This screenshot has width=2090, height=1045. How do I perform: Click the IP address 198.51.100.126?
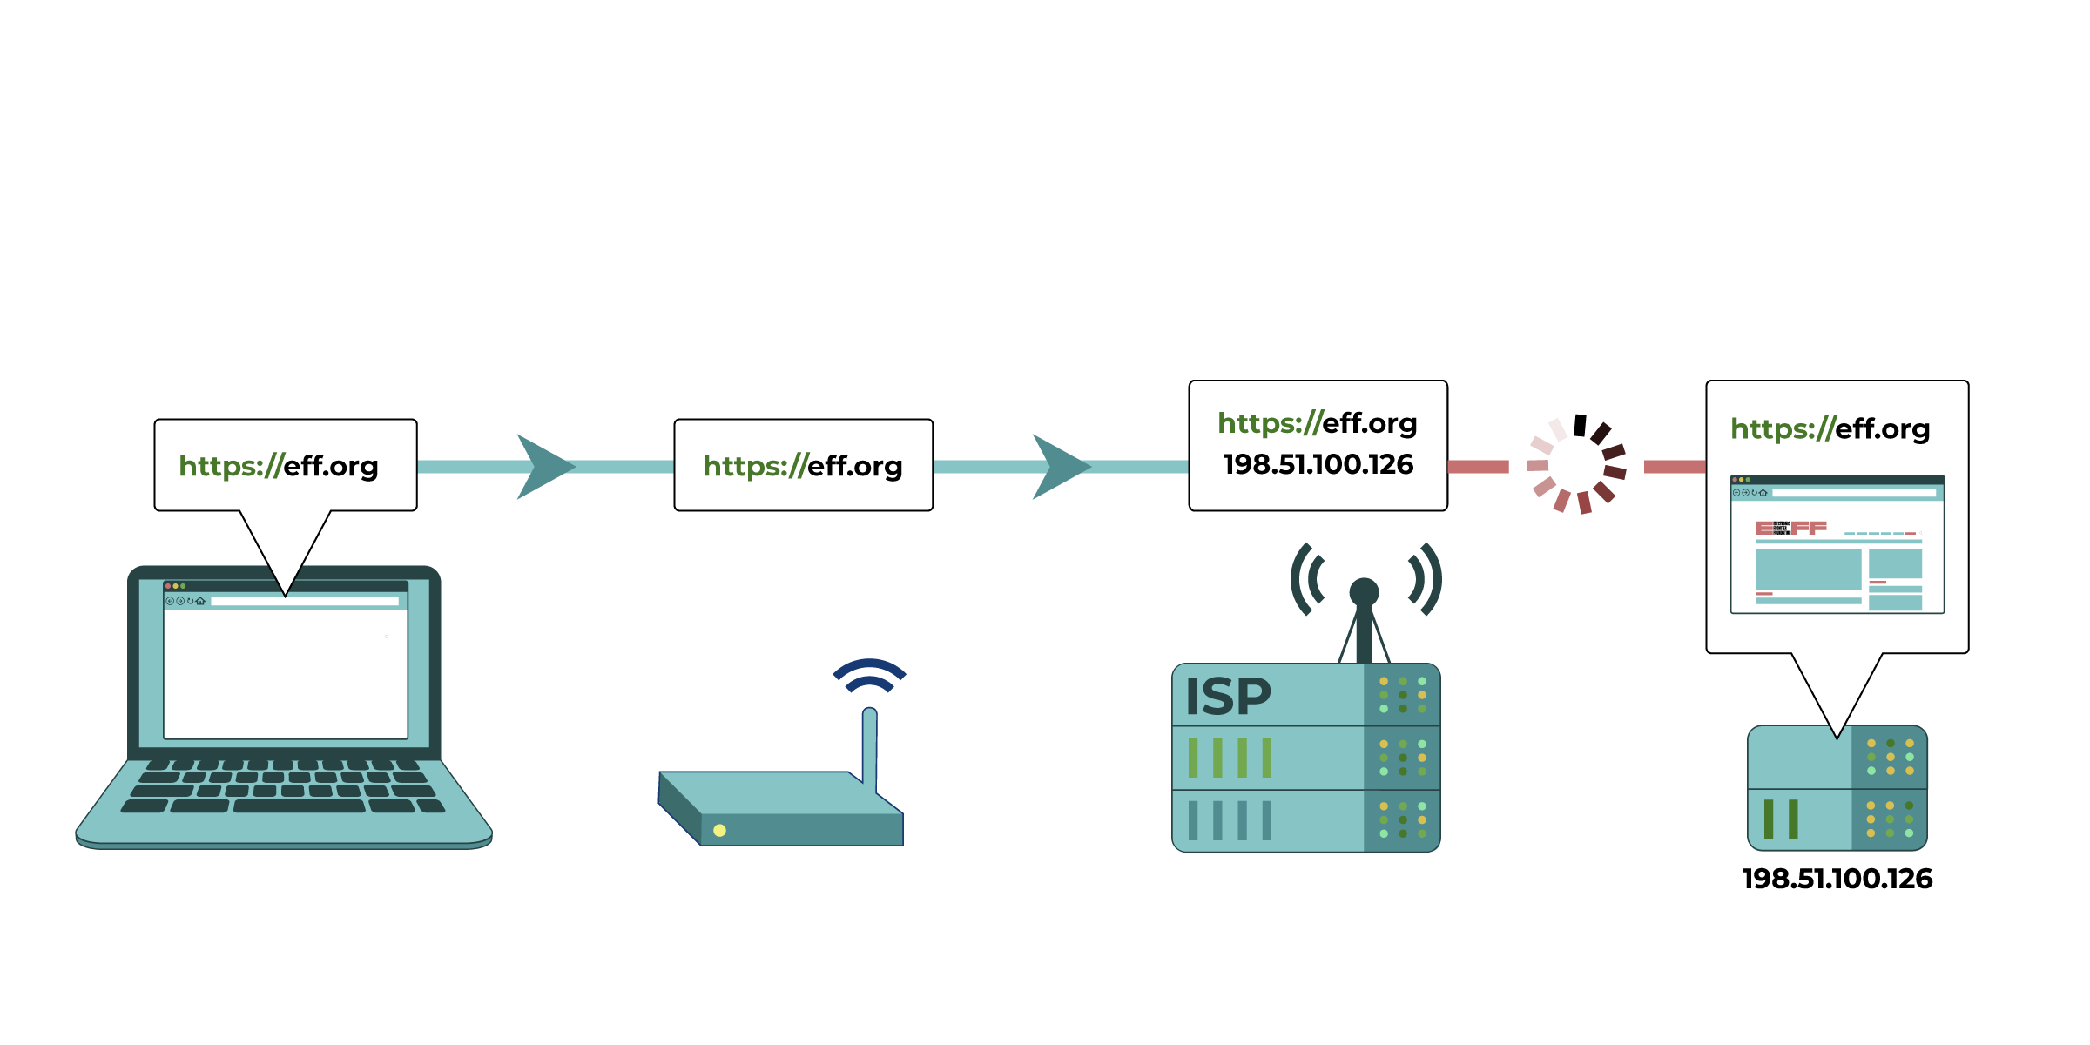click(1318, 465)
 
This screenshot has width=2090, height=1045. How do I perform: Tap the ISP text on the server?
click(1228, 697)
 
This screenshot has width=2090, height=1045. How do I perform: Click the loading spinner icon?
click(1577, 466)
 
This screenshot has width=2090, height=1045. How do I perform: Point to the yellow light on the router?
click(719, 830)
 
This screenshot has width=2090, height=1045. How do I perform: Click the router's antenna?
click(869, 745)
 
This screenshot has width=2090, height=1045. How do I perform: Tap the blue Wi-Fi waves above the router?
click(869, 675)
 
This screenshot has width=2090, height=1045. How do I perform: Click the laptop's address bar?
click(304, 601)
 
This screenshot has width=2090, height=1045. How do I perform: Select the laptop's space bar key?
click(299, 806)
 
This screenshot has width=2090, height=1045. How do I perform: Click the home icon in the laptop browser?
click(201, 601)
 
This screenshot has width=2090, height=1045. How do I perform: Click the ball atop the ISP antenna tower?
click(1364, 592)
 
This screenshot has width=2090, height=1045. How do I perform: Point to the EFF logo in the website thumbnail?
click(1790, 528)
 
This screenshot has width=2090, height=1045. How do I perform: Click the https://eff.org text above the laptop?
click(279, 466)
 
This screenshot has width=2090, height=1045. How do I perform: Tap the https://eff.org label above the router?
click(803, 466)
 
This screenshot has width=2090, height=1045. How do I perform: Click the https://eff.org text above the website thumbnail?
click(1830, 428)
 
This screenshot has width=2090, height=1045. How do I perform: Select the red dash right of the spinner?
click(1674, 467)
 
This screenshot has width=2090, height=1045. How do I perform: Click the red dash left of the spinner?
click(1478, 467)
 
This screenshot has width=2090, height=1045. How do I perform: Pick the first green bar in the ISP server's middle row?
click(1193, 758)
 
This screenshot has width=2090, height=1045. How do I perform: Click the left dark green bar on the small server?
click(1769, 819)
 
